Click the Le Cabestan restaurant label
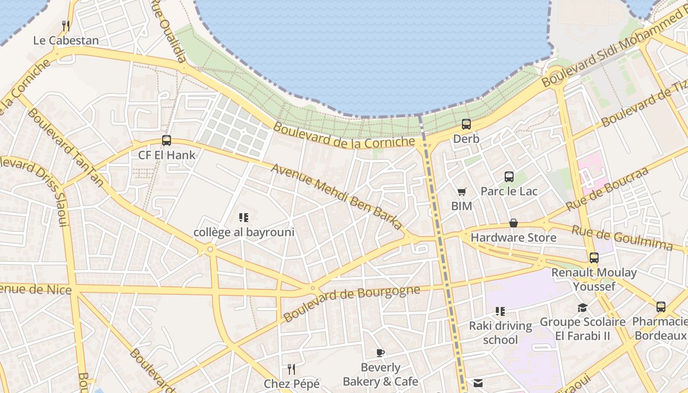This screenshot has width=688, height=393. [66, 40]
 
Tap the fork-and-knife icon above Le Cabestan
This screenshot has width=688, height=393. [66, 25]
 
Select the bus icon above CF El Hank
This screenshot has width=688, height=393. [167, 140]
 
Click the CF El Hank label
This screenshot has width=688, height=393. [167, 155]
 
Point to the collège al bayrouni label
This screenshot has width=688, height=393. [244, 232]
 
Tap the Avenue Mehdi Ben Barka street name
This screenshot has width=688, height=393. [337, 196]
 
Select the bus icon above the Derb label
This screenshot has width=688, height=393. [466, 124]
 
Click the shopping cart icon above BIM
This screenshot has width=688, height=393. [461, 192]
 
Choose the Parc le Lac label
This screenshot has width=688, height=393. [509, 191]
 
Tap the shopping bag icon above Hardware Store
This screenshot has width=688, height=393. [514, 223]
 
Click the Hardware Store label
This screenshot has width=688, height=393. [514, 238]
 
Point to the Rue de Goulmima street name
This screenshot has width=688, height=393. [622, 238]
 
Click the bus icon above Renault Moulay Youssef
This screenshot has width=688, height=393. [594, 257]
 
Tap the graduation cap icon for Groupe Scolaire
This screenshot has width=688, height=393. [582, 308]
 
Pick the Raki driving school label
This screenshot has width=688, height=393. [500, 333]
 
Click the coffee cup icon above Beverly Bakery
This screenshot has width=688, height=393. [380, 353]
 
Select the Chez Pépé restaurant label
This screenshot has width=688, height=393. [291, 384]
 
